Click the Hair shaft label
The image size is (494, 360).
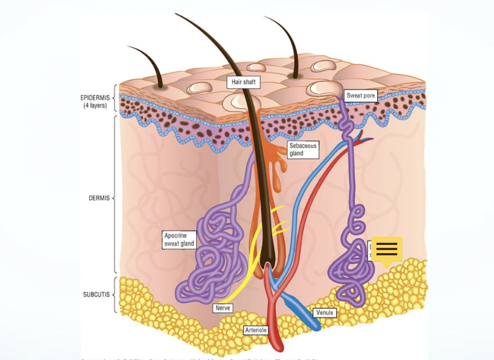click(243, 82)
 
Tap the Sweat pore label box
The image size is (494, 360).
click(360, 96)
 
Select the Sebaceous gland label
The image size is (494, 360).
click(302, 150)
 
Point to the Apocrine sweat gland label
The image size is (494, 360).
click(179, 240)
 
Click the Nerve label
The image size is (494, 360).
click(222, 308)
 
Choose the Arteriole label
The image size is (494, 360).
click(256, 330)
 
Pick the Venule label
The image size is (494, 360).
click(324, 313)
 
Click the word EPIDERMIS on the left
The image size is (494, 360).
click(95, 98)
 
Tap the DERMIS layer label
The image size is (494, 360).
click(99, 198)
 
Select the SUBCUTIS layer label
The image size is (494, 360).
click(96, 295)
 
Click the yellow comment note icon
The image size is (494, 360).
click(387, 250)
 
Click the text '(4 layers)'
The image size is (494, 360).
click(95, 106)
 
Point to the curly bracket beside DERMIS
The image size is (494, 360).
click(115, 198)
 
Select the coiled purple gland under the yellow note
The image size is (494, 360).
click(349, 275)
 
